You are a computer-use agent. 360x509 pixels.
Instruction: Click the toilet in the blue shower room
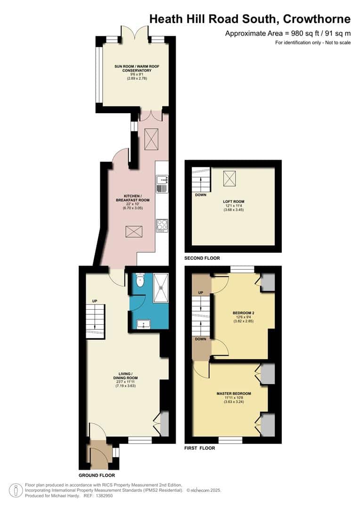(x=139, y=282)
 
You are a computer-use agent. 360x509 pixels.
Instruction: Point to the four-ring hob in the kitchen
(x=162, y=224)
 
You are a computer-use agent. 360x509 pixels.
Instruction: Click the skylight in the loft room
(x=230, y=178)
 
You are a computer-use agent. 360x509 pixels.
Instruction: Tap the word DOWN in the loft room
(x=200, y=194)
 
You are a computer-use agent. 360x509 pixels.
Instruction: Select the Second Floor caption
(x=202, y=258)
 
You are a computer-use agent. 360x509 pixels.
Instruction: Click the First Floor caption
(x=199, y=448)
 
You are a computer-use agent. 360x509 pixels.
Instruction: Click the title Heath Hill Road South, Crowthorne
(x=250, y=19)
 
